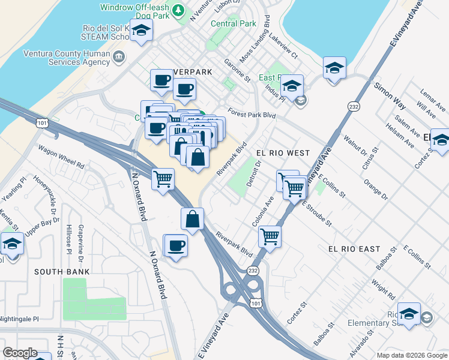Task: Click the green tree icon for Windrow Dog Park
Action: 178,10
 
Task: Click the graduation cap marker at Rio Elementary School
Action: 409,314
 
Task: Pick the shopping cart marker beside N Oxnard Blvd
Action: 163,179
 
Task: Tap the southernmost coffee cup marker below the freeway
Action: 176,245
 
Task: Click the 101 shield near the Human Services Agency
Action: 41,123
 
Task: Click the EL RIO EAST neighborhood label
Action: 354,248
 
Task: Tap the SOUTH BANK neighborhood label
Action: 62,272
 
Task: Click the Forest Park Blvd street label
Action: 252,115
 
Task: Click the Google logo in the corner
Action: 20,353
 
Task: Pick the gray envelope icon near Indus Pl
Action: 301,100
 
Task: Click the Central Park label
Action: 234,24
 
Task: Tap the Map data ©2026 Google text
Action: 411,355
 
